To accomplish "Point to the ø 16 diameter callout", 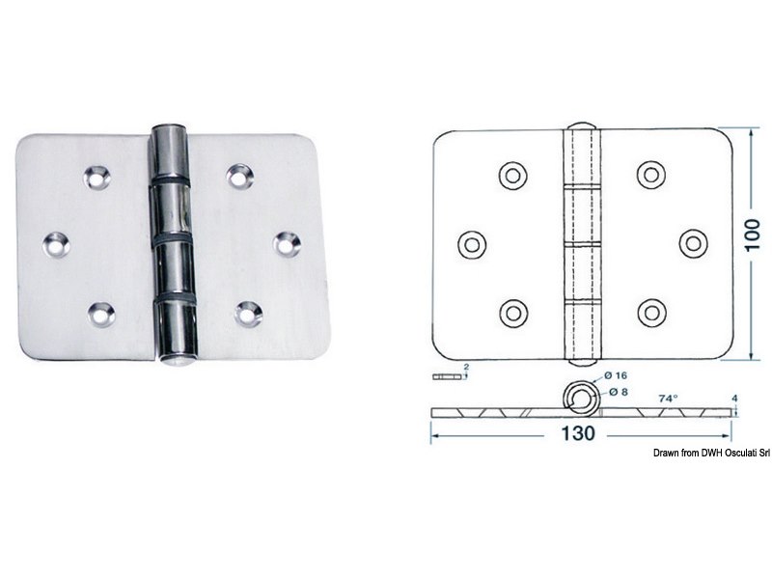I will tap(617, 374).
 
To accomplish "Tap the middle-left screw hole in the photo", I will tap(56, 243).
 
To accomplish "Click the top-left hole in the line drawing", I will tap(512, 175).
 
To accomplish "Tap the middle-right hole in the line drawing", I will tap(693, 242).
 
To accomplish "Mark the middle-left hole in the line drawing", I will tap(472, 242).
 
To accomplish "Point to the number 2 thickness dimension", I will tap(466, 368).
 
